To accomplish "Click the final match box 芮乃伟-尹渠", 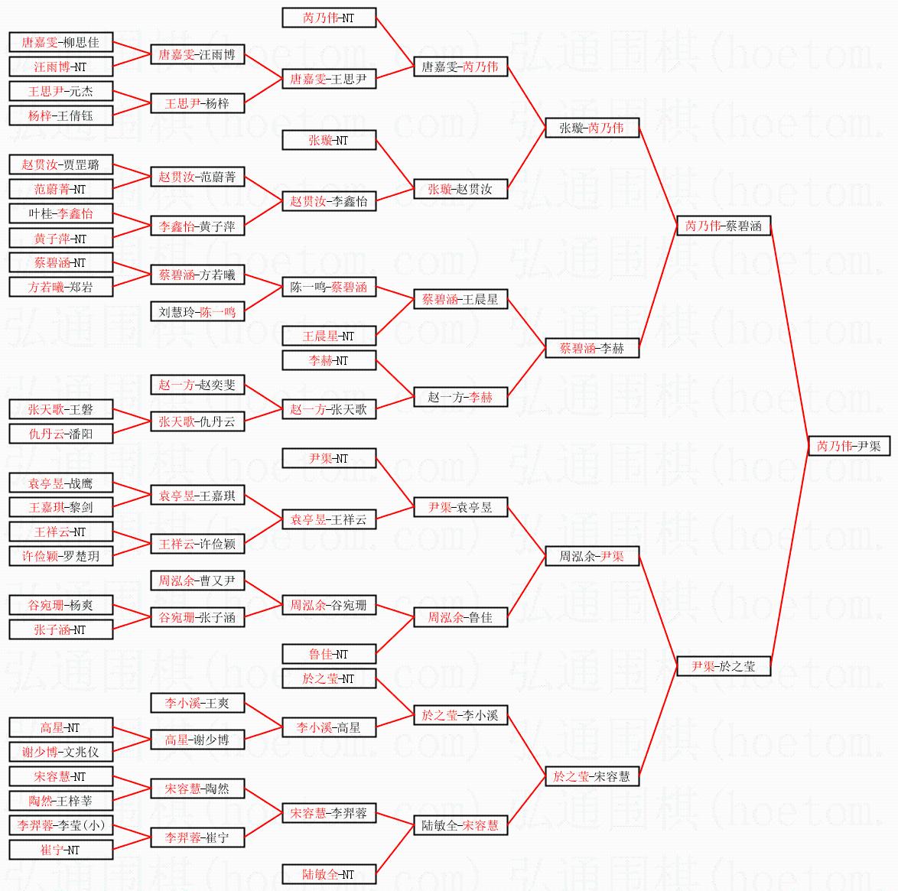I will coord(849,446).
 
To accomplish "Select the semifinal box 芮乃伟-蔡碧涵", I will coord(724,226).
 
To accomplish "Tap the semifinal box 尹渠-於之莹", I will coord(724,666).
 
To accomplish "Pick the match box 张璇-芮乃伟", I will coord(592,128).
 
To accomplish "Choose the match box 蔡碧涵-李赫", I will coord(592,348).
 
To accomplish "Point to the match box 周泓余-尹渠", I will coord(592,556).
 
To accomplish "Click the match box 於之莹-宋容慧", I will coord(592,776).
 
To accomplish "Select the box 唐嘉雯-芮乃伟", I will coord(460,67).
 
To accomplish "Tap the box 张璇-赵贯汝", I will coord(460,189).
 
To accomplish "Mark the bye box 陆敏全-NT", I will coord(329,874).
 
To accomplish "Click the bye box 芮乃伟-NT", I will coord(329,18).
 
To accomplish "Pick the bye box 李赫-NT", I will coord(329,360).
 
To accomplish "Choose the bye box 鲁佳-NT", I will coord(329,654).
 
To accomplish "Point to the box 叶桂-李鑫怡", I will coord(61,213).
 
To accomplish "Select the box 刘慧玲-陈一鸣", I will coord(197,311).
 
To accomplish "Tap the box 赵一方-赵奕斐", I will coord(197,385).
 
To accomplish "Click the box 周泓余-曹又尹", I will coord(197,580).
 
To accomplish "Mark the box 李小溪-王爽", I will coord(197,703).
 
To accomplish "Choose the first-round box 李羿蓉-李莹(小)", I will coord(61,825).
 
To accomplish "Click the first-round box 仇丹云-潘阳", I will coord(61,434).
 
